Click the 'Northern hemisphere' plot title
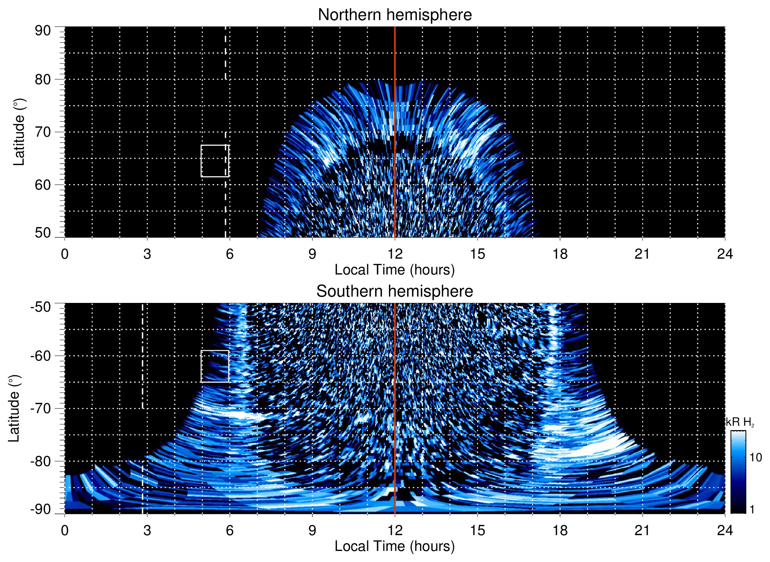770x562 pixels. [x=394, y=15]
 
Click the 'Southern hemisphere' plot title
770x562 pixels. [x=394, y=291]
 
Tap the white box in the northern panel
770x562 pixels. [x=215, y=145]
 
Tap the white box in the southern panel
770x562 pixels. [x=215, y=351]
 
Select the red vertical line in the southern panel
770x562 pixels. [x=395, y=395]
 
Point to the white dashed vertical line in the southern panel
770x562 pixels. [x=143, y=355]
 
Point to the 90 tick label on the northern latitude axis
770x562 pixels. [x=43, y=31]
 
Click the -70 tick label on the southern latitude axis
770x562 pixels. [x=41, y=408]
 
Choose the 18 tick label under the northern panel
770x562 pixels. [x=560, y=254]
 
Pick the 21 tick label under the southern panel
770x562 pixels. [x=642, y=530]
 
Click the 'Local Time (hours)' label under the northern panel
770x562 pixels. [x=394, y=270]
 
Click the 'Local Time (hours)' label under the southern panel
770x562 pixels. [x=394, y=546]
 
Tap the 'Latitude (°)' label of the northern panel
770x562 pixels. [x=19, y=132]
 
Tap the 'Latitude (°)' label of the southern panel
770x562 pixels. [x=14, y=408]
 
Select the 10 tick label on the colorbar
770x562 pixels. [x=755, y=457]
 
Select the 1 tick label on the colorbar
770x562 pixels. [x=752, y=509]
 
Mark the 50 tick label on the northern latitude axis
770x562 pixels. [x=43, y=233]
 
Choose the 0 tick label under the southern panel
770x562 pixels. [x=65, y=530]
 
